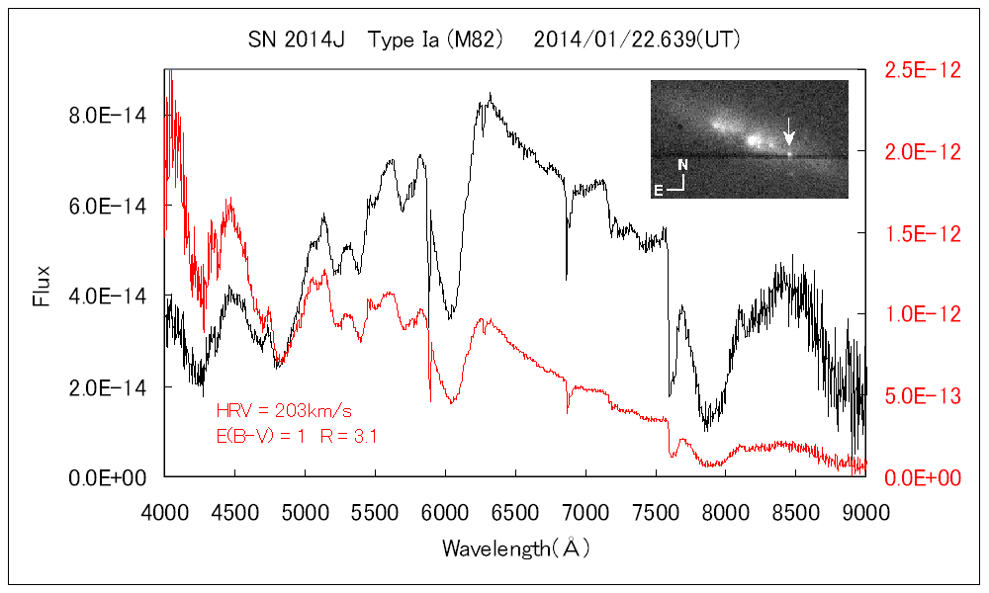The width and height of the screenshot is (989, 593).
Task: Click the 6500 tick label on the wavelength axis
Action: click(x=515, y=512)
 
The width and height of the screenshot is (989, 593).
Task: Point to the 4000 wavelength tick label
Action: click(x=164, y=512)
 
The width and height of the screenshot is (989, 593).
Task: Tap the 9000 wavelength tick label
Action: click(x=866, y=512)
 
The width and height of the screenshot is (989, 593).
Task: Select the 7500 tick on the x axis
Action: click(x=656, y=512)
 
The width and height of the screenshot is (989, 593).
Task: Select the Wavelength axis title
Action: click(x=516, y=548)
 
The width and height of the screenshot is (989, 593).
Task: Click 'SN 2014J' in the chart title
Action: click(x=296, y=41)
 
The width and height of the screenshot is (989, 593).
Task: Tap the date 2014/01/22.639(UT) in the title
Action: click(x=637, y=41)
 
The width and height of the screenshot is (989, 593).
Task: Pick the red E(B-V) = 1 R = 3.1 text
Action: click(x=297, y=435)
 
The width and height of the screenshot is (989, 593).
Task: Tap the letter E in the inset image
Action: click(x=658, y=188)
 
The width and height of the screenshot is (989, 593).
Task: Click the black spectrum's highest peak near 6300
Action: click(x=491, y=95)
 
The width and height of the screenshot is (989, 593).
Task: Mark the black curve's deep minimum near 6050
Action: click(x=451, y=317)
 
